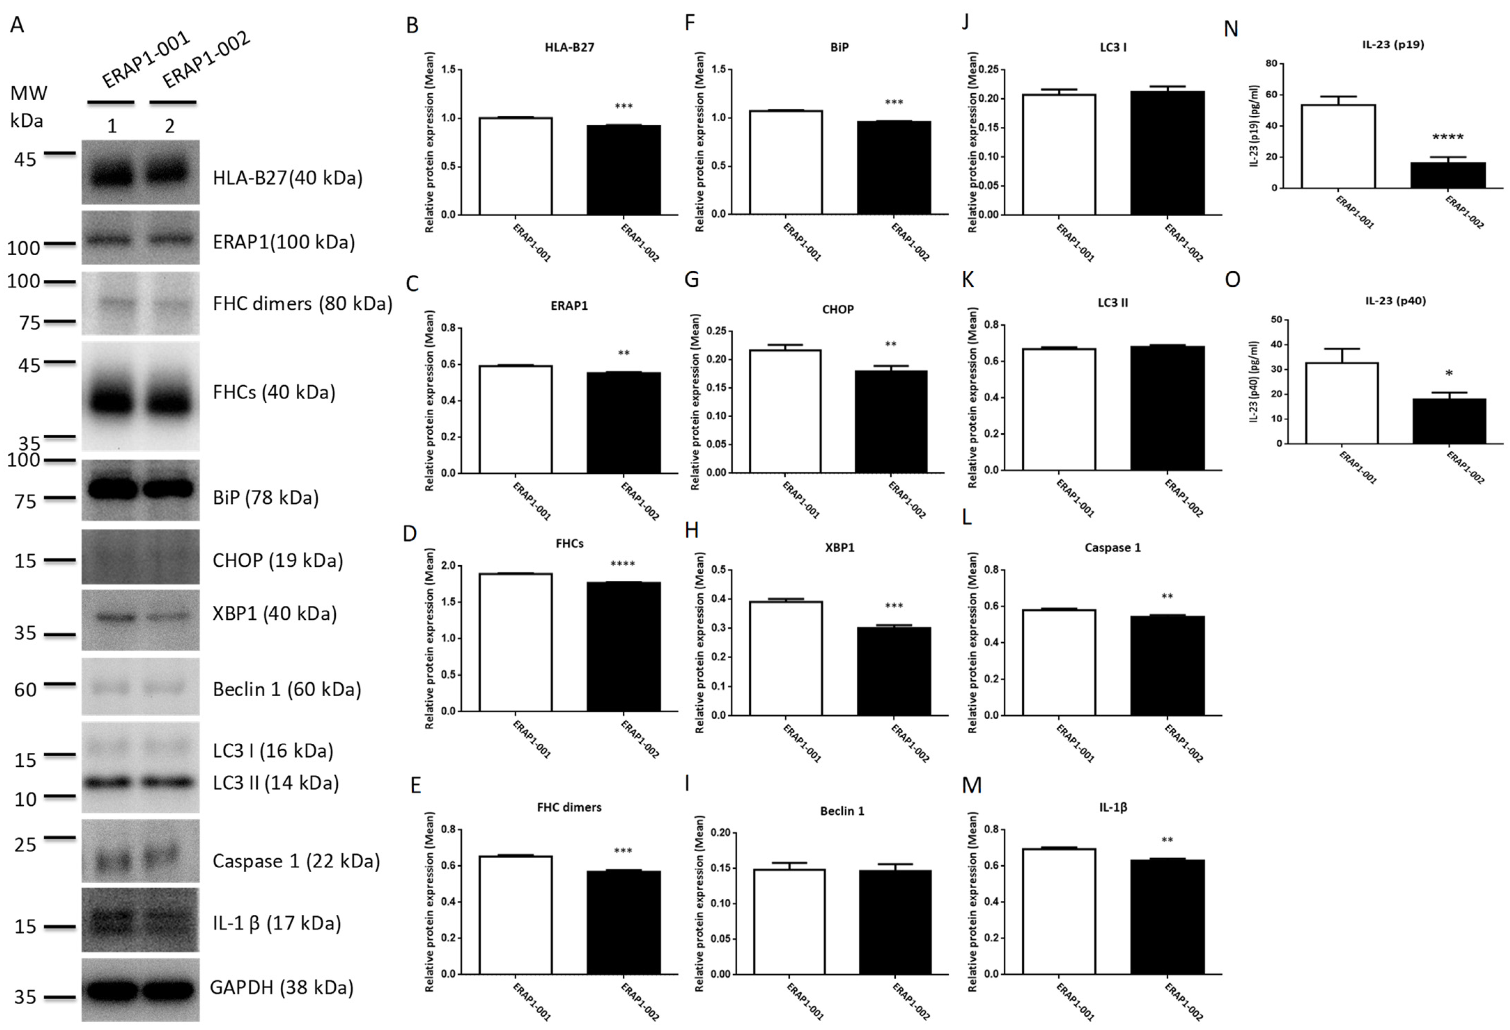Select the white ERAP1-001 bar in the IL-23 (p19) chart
pyautogui.click(x=1338, y=146)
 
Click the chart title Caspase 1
pyautogui.click(x=1112, y=547)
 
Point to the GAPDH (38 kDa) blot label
pyautogui.click(x=281, y=987)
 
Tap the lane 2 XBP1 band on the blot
pyautogui.click(x=169, y=617)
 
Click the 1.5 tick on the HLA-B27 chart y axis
pyautogui.click(x=448, y=70)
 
